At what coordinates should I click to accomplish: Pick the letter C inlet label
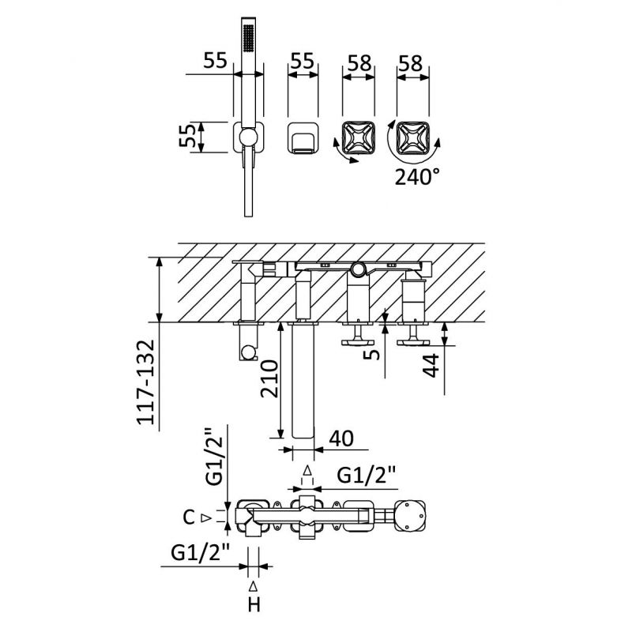pyautogui.click(x=188, y=518)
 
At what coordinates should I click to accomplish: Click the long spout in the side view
pyautogui.click(x=303, y=379)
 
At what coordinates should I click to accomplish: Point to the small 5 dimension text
pyautogui.click(x=372, y=348)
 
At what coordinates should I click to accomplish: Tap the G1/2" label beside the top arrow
pyautogui.click(x=367, y=476)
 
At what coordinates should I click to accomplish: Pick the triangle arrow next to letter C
pyautogui.click(x=206, y=518)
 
